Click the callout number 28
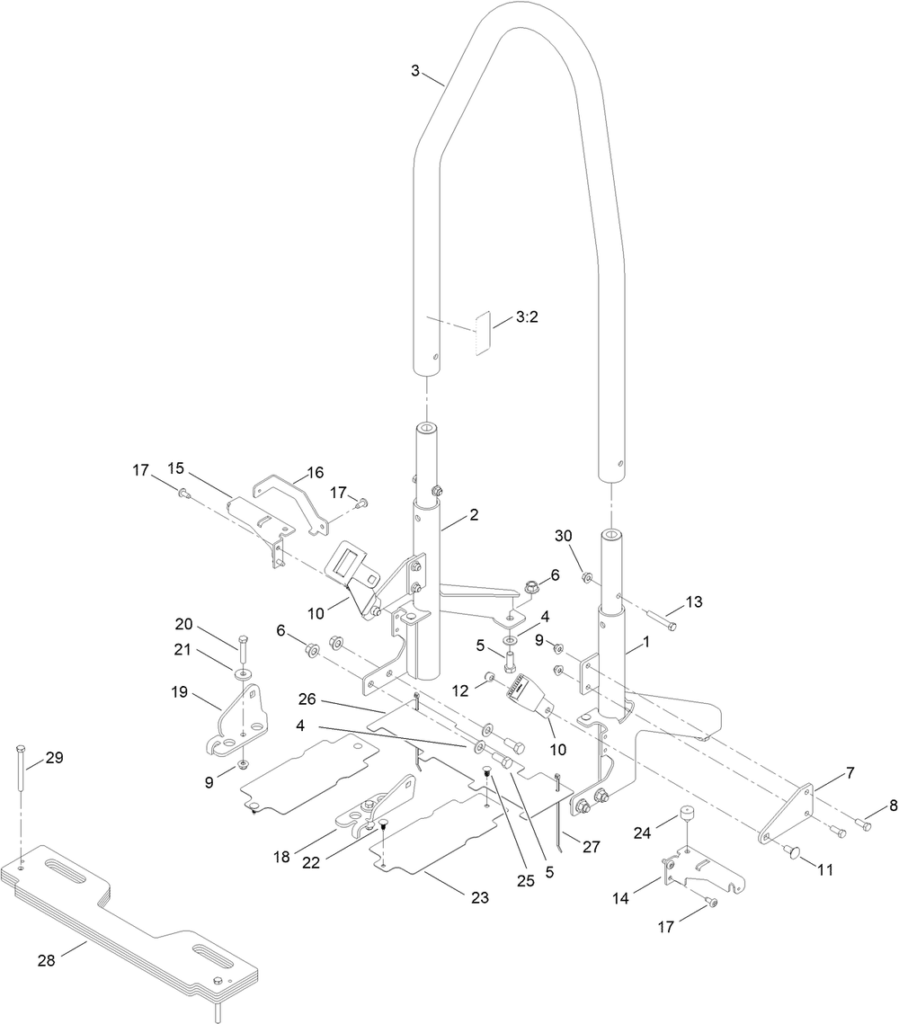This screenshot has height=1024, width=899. (x=47, y=961)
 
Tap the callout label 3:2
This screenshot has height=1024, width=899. (x=527, y=316)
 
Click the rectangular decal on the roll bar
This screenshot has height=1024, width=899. (x=483, y=332)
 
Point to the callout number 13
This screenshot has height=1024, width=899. (x=693, y=601)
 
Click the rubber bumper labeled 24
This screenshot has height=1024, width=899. (x=686, y=815)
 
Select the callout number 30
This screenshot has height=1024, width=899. (x=563, y=536)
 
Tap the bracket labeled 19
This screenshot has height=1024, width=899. (x=237, y=720)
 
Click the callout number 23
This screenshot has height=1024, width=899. (x=480, y=898)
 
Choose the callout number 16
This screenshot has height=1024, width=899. (x=316, y=472)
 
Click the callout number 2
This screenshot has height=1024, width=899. (x=474, y=514)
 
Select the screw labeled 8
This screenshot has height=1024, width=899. (x=865, y=826)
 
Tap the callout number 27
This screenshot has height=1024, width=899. (x=591, y=846)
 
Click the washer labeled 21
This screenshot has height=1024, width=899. (x=243, y=672)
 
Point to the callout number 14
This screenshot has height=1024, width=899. (x=620, y=898)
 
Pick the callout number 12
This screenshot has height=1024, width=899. (x=460, y=690)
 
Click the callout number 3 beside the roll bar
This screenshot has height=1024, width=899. (x=415, y=70)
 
